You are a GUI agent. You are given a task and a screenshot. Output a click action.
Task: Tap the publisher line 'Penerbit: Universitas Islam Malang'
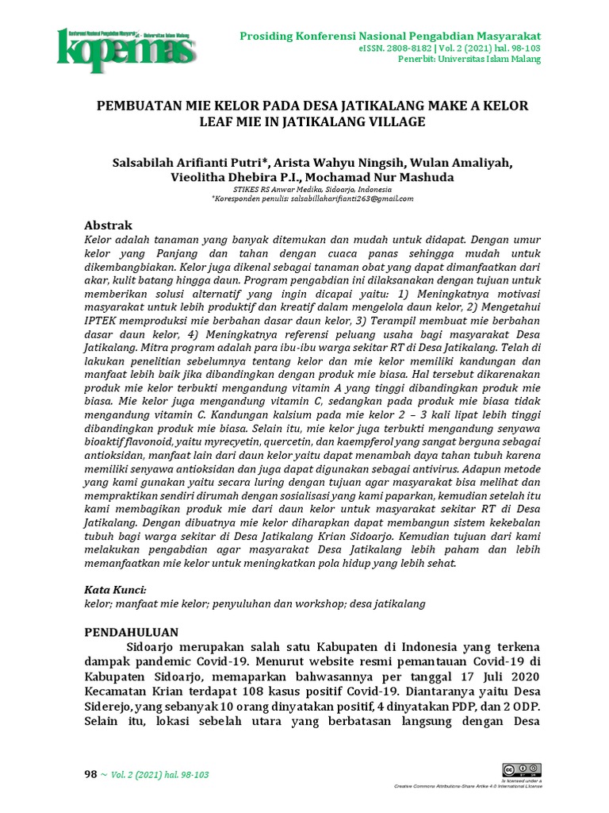[469, 60]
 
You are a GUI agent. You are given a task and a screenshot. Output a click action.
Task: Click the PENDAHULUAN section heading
[132, 632]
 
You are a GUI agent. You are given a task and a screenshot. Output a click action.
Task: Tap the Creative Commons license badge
[520, 769]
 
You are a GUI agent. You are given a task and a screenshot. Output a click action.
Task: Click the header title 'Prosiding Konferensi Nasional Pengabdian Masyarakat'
[390, 37]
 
